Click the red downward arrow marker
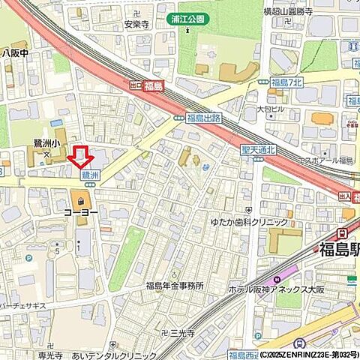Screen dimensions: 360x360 pos(80,157)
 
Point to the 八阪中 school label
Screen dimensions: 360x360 pos(15,53)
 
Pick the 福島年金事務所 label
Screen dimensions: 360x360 pos(175,285)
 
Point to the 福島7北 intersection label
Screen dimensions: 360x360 pos(287,81)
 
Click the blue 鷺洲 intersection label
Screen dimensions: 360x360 pos(89,173)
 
